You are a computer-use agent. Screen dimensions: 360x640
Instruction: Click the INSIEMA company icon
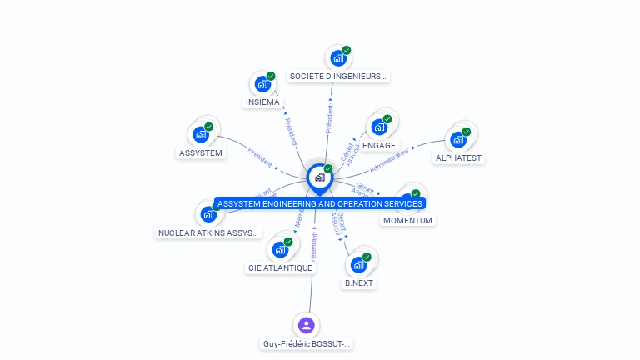click(262, 84)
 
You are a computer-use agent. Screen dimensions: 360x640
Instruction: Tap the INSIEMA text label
click(262, 102)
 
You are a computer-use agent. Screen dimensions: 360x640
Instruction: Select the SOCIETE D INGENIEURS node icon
click(337, 57)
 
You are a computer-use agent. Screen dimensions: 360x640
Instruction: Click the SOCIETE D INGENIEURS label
click(337, 76)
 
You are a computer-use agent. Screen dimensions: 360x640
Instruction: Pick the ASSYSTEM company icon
click(201, 134)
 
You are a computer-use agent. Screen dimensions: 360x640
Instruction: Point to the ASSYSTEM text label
click(201, 152)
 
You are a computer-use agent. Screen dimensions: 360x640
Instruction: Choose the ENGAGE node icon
click(379, 127)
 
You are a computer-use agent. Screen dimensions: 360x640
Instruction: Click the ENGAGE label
click(379, 145)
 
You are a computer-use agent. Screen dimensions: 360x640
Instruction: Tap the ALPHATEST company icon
click(458, 139)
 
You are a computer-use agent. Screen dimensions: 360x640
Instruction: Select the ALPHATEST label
click(458, 157)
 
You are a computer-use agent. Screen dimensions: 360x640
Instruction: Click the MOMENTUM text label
click(407, 221)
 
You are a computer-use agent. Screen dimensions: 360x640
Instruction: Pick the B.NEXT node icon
click(359, 264)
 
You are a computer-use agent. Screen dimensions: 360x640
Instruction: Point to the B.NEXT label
click(359, 282)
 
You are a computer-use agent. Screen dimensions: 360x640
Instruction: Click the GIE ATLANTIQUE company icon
click(280, 249)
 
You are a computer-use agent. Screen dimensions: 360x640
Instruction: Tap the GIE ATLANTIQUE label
click(280, 267)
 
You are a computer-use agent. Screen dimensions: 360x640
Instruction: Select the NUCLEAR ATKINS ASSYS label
click(209, 233)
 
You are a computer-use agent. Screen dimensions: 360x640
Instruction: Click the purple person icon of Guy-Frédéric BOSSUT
click(307, 325)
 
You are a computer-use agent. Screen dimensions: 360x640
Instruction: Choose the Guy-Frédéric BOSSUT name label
click(307, 343)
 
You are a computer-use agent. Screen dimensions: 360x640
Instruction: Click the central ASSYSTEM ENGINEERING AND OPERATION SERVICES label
click(320, 203)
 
